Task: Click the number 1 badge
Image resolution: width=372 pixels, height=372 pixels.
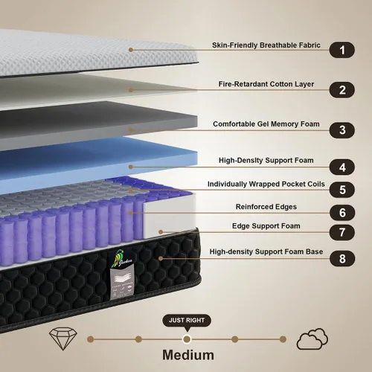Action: (342, 50)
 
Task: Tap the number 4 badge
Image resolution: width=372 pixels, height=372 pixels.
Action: (342, 167)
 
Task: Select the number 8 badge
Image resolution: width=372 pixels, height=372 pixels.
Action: (342, 258)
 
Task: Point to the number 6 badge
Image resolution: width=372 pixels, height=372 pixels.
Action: (342, 213)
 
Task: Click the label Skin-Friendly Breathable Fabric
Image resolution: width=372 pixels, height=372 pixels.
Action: (266, 45)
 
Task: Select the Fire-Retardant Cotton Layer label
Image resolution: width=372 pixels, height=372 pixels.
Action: (266, 84)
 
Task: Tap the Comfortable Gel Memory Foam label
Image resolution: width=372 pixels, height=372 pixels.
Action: (266, 124)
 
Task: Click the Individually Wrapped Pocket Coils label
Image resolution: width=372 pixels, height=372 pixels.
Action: (266, 184)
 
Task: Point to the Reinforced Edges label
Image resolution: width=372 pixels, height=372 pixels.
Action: (266, 207)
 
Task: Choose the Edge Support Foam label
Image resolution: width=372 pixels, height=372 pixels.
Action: (266, 226)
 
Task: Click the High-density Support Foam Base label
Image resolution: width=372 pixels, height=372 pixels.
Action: (266, 251)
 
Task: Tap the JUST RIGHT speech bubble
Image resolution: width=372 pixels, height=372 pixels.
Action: (187, 321)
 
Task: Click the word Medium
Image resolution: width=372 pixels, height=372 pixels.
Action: (188, 355)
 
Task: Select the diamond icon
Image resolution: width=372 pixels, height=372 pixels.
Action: (63, 339)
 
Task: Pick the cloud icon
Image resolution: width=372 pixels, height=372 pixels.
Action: (312, 339)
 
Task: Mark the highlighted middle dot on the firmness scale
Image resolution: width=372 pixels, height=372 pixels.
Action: (187, 339)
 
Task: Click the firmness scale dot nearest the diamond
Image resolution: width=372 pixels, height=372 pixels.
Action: (91, 339)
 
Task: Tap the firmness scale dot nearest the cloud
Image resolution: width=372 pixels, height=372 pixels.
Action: (283, 339)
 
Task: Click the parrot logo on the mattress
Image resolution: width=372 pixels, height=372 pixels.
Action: (121, 258)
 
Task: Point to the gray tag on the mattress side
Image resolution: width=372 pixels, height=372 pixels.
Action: (122, 283)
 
